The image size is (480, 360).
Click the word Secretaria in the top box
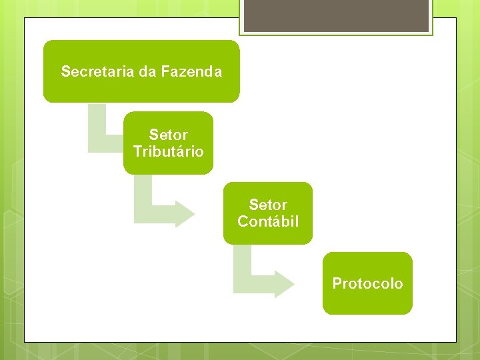coord(97,71)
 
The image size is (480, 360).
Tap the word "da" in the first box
coord(146,71)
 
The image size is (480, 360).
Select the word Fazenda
coord(191,71)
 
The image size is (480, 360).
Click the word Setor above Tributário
coord(168,135)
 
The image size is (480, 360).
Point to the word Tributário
coord(168,151)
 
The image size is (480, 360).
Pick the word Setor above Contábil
coord(268,205)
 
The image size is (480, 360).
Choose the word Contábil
coord(268,221)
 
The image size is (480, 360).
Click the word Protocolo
coord(367,283)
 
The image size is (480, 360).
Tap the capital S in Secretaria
coord(65,71)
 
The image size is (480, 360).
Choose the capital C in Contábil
coord(243,221)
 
